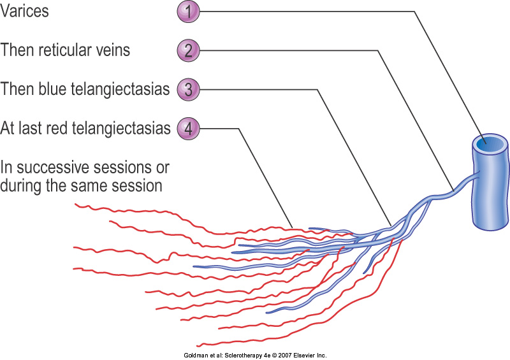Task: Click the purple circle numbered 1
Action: (x=188, y=11)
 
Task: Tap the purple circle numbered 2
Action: (x=188, y=51)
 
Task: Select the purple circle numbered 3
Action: (x=188, y=89)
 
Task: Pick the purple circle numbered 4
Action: (x=188, y=129)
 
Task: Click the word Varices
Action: (x=24, y=11)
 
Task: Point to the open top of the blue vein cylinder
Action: (x=490, y=144)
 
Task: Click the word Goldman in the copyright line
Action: (x=196, y=356)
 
